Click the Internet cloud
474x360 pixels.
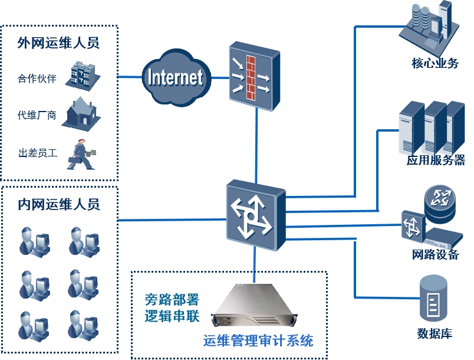pyautogui.click(x=175, y=77)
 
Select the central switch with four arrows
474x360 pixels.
pyautogui.click(x=255, y=216)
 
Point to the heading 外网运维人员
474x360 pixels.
pyautogui.click(x=58, y=43)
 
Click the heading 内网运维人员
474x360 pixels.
pyautogui.click(x=58, y=204)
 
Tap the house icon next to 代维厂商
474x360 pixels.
pyautogui.click(x=81, y=113)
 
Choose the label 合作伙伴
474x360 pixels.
pyautogui.click(x=37, y=78)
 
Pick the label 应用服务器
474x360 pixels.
pyautogui.click(x=436, y=160)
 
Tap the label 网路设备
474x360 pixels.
pyautogui.click(x=435, y=255)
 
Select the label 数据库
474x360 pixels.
pyautogui.click(x=434, y=333)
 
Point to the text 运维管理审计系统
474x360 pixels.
pyautogui.click(x=258, y=341)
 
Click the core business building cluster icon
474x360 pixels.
pyautogui.click(x=430, y=27)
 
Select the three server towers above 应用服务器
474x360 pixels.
pyautogui.click(x=432, y=127)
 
